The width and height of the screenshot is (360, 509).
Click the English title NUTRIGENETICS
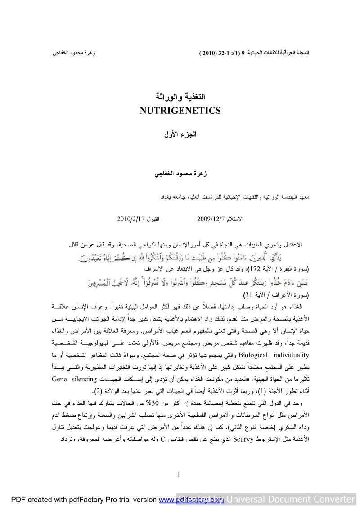[180, 111]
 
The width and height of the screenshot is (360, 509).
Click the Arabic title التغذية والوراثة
[180, 97]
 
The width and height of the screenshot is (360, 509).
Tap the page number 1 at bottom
[179, 475]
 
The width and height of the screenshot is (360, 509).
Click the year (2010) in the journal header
[207, 53]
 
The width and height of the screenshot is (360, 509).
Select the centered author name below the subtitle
[180, 174]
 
